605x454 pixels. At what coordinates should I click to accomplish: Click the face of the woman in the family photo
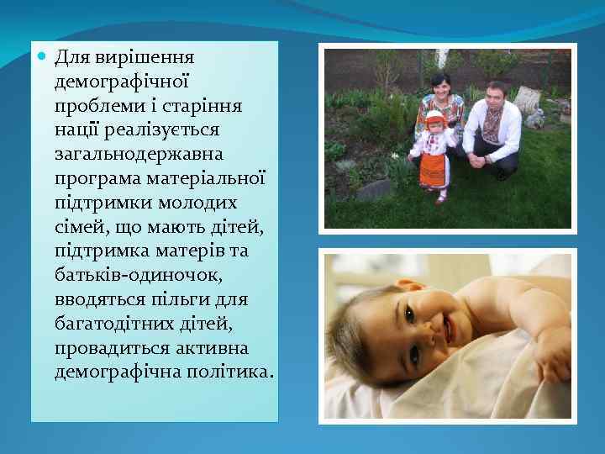pyautogui.click(x=440, y=86)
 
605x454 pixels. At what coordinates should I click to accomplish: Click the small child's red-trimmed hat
pyautogui.click(x=434, y=117)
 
